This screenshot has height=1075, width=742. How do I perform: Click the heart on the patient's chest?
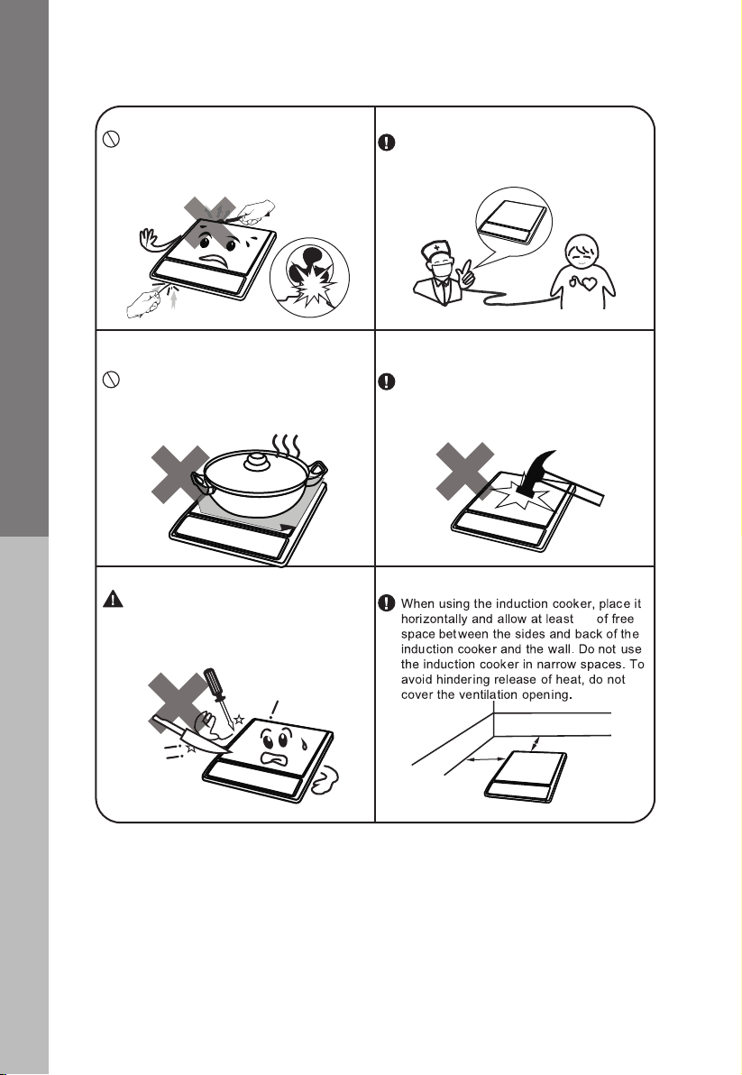point(587,283)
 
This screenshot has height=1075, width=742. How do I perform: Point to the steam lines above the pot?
point(284,447)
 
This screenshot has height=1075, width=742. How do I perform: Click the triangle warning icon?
point(113,599)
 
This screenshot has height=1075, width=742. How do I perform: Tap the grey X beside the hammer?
point(465,471)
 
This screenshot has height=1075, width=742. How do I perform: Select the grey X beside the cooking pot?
point(179,473)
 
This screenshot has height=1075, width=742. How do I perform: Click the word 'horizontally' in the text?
point(434,619)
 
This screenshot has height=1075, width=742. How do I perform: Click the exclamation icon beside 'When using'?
point(387,603)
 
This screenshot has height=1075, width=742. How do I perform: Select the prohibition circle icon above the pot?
point(112,379)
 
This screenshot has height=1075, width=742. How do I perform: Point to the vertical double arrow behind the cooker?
point(536,744)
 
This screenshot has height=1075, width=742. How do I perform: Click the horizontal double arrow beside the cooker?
point(487,759)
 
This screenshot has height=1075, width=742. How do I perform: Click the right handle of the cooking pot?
point(316,471)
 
